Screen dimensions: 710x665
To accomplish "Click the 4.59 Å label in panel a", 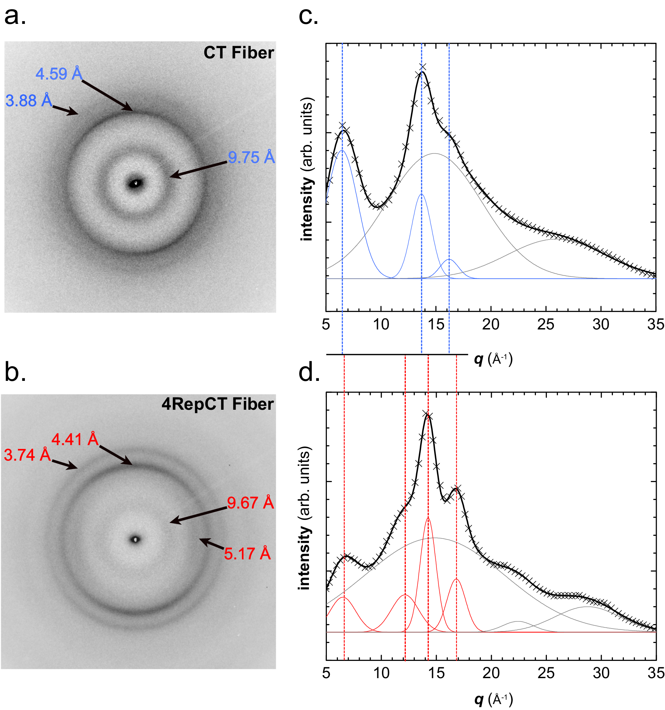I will point(59,74).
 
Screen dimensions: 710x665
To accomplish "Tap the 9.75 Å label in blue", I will point(251,158).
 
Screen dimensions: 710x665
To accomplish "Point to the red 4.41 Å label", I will point(75,439).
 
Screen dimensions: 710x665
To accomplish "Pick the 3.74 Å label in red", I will point(27,455).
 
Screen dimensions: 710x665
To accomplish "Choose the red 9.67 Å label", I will point(250,503).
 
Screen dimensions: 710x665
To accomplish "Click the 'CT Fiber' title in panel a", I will point(239,53).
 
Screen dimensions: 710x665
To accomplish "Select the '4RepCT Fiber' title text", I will point(217,404).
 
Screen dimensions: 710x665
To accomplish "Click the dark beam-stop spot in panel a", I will point(135,183).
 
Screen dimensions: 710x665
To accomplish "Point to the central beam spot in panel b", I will point(135,539).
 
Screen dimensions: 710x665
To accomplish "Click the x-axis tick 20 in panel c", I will point(490,324).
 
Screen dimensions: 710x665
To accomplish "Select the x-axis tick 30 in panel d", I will point(601,673).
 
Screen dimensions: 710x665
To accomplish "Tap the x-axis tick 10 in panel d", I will point(381,673).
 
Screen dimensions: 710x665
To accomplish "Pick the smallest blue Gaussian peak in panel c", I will point(449,260).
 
